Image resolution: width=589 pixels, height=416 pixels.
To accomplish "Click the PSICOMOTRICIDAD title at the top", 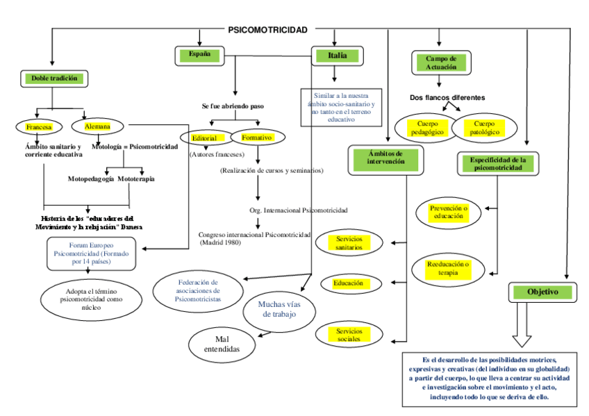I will (267, 30).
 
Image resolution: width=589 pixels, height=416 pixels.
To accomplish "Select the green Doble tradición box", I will (53, 78).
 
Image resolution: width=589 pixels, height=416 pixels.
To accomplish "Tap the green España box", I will (199, 54).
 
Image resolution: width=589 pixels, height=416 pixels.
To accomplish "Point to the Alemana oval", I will (97, 127).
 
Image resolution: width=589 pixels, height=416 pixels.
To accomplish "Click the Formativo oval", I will (256, 137).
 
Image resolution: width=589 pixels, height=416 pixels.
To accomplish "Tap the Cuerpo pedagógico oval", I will (425, 127).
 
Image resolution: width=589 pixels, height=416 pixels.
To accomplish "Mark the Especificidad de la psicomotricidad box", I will (497, 164).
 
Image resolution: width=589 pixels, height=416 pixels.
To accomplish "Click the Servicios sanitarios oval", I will (349, 243).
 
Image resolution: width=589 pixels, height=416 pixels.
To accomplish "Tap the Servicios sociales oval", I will (349, 335).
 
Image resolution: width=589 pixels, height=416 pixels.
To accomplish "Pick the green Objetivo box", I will (542, 292).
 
